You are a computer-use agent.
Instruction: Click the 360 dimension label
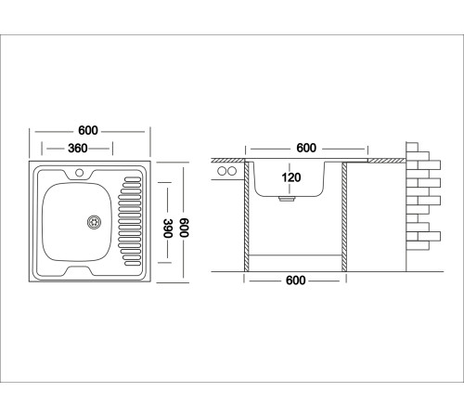coord(78,149)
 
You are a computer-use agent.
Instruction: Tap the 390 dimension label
coord(168,229)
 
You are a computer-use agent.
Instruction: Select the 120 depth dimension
coord(291,177)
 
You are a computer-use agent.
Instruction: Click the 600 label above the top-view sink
coord(88,130)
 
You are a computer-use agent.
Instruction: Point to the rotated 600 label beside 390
coord(184,228)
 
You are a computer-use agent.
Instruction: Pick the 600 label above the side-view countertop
coord(306,148)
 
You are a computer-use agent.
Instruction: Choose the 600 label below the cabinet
coord(296,281)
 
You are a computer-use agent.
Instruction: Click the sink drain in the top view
coord(94,222)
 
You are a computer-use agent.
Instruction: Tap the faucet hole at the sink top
coord(80,173)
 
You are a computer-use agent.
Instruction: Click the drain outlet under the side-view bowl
coord(287,198)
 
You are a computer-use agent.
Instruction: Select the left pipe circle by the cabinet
coord(222,171)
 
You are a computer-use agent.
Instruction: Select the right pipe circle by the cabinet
coord(232,171)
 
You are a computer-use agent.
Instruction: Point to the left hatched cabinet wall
coord(247,216)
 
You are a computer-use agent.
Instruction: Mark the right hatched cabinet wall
coord(344,217)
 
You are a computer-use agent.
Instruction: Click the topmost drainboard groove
coord(133,179)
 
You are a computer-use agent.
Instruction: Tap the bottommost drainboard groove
coord(133,264)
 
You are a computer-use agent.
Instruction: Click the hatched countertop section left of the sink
coord(228,161)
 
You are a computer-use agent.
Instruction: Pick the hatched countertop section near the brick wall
coord(387,161)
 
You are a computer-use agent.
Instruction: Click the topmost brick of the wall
coord(412,147)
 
